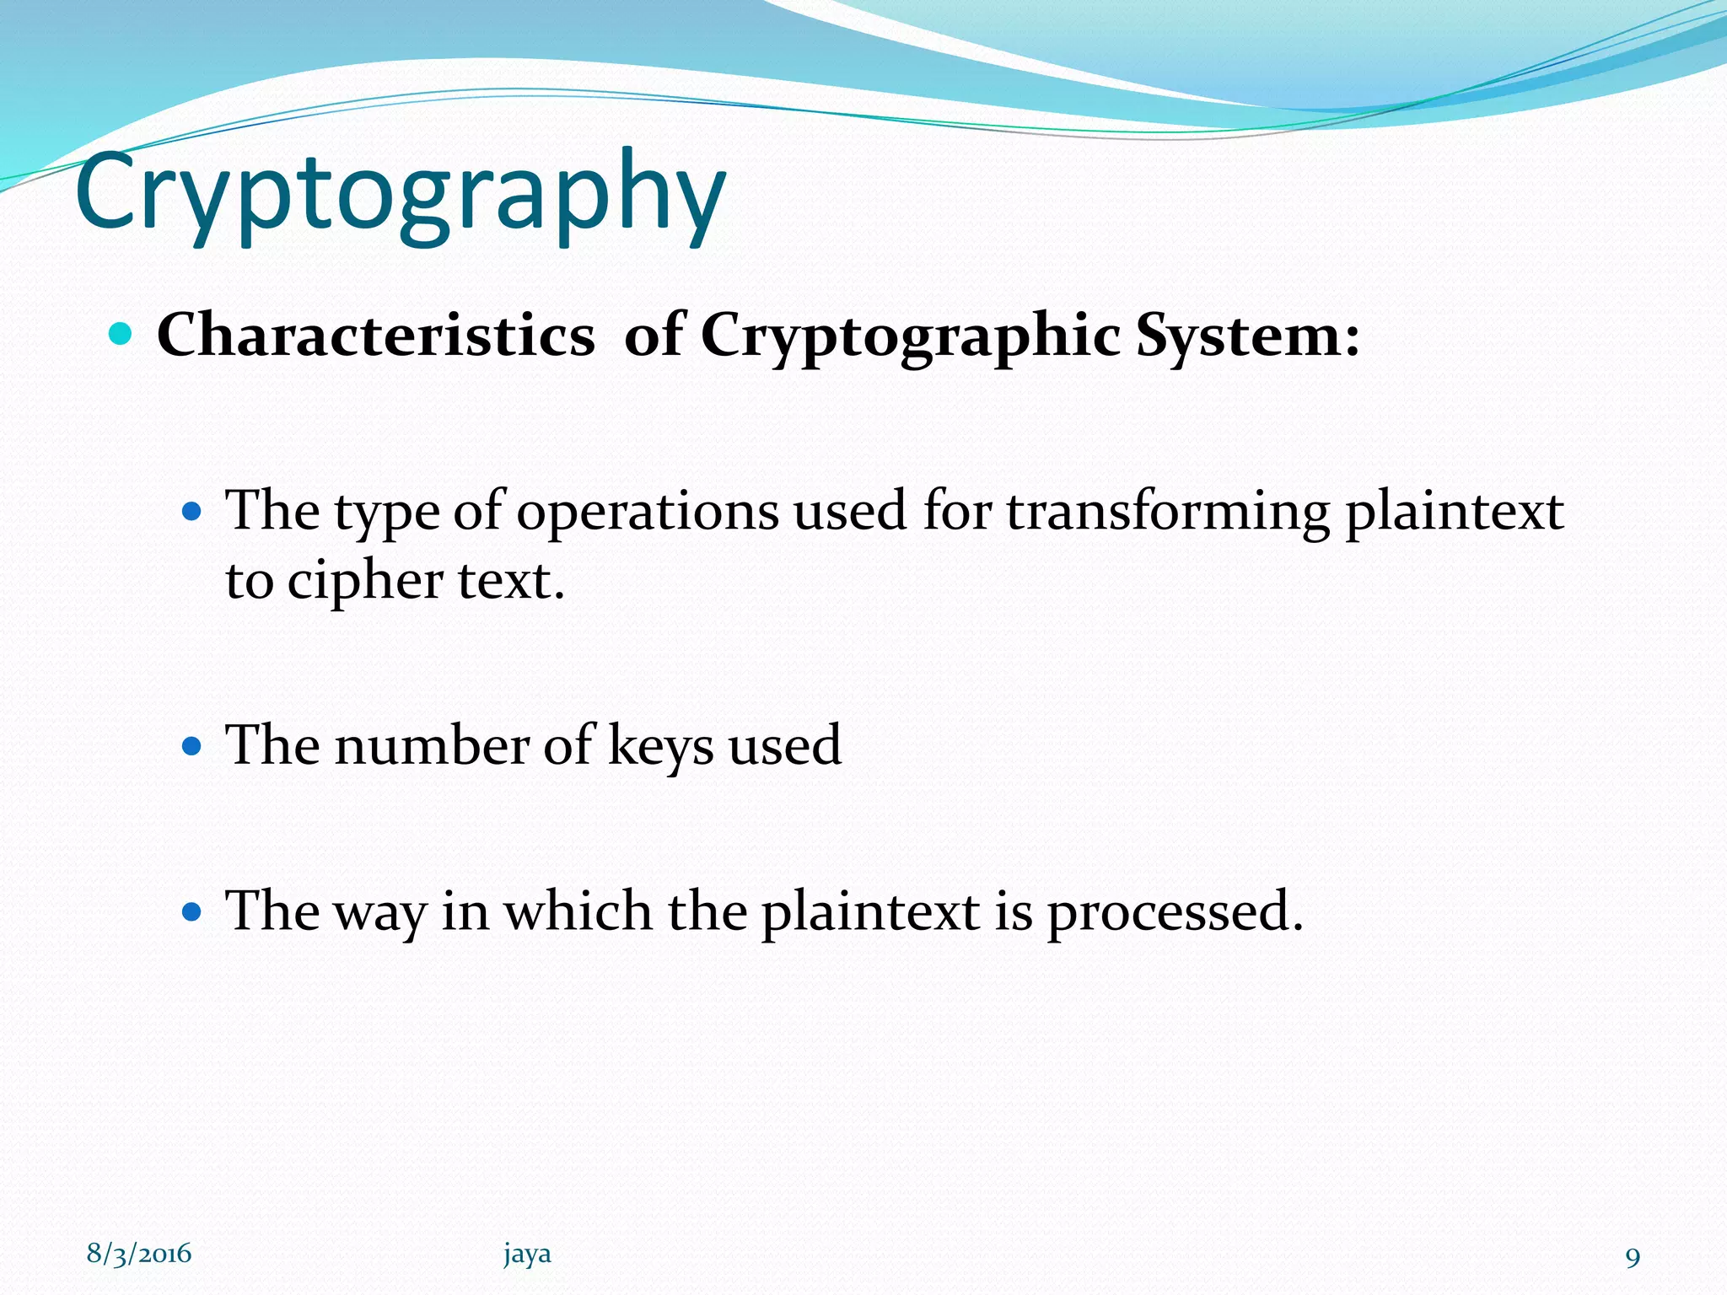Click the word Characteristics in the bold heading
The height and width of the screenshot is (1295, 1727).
(375, 336)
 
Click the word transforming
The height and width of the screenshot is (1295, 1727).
(1167, 512)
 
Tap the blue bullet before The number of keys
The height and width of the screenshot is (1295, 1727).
(193, 745)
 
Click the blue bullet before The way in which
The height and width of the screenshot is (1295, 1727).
(193, 911)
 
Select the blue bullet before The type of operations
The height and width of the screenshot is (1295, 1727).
(193, 511)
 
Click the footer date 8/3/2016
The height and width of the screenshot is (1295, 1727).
(139, 1254)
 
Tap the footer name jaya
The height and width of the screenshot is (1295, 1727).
(527, 1254)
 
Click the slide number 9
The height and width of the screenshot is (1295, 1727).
(1633, 1257)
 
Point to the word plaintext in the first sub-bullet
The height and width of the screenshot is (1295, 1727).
(1454, 512)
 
